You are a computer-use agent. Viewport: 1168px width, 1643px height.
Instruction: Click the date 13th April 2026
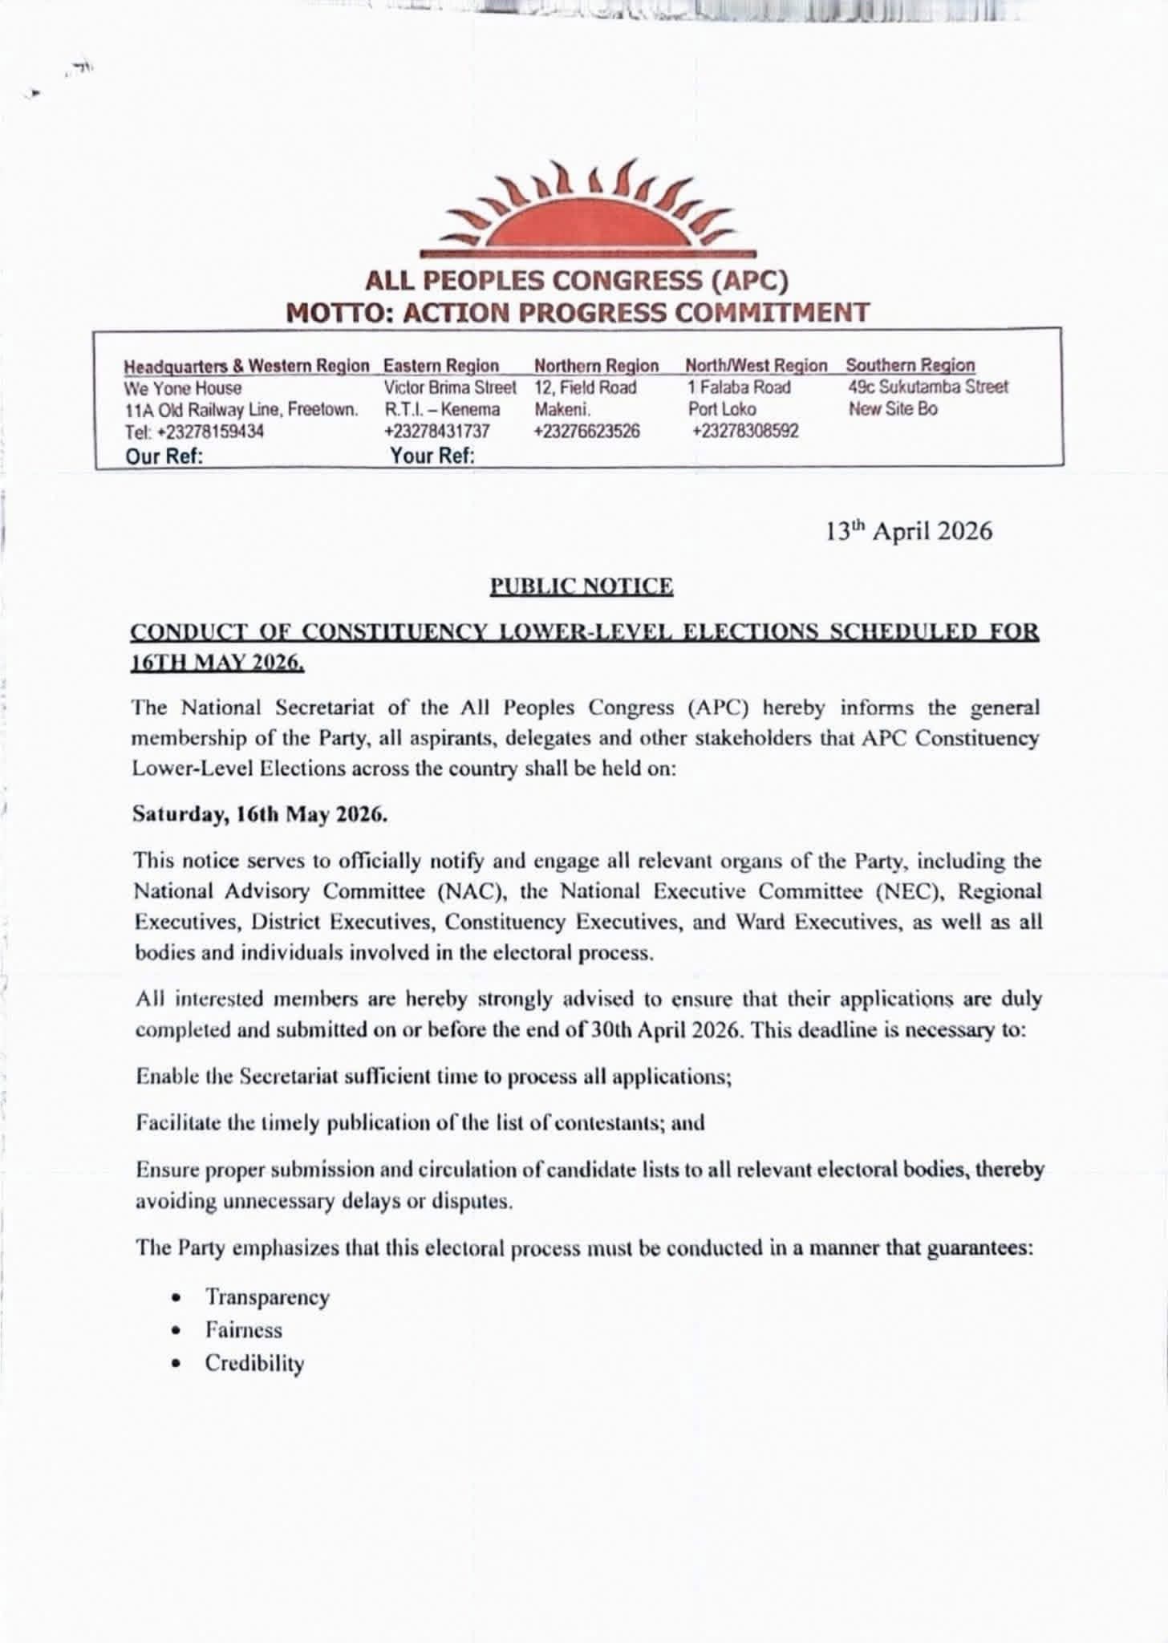[909, 531]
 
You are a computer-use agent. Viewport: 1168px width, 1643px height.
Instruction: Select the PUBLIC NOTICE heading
[582, 586]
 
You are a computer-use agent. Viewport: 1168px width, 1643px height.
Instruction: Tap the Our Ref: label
[164, 456]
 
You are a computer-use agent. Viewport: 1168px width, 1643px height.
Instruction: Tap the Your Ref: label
[432, 456]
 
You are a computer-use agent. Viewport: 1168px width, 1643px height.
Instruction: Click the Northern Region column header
[596, 366]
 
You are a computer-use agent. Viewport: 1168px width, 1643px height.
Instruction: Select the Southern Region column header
[910, 366]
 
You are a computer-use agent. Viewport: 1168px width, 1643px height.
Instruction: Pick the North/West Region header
[756, 366]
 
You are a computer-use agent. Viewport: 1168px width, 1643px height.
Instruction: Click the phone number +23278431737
[436, 432]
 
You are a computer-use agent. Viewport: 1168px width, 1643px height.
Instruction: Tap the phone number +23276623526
[587, 432]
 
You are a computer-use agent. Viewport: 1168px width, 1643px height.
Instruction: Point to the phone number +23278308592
[745, 432]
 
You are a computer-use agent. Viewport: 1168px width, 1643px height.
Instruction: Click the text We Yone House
[183, 388]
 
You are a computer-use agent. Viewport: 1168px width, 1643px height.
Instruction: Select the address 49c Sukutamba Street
[928, 387]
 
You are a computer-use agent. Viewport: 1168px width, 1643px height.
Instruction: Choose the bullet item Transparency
[267, 1297]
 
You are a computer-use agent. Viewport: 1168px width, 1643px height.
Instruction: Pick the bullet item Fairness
[244, 1330]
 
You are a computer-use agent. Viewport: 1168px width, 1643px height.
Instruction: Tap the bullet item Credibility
[254, 1363]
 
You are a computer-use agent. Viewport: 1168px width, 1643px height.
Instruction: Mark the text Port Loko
[722, 409]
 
